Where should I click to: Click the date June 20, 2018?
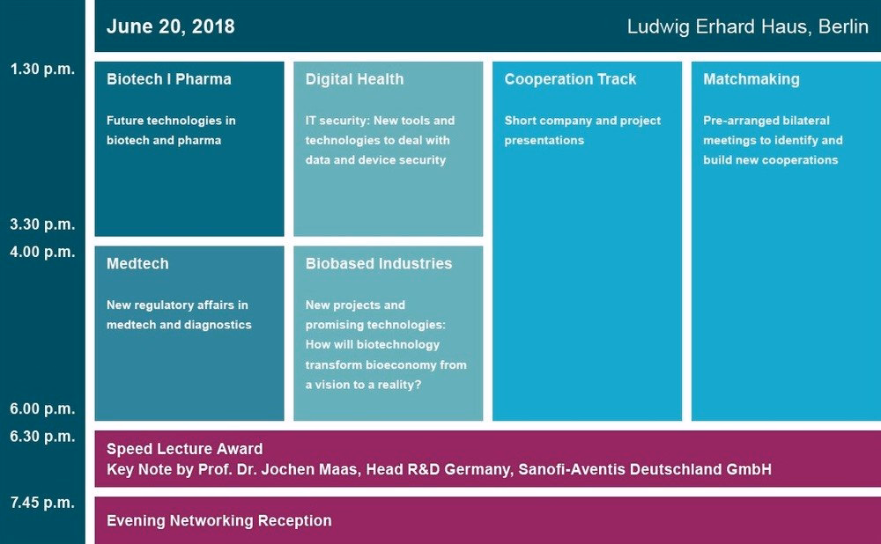point(170,26)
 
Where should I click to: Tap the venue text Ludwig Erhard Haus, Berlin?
point(747,26)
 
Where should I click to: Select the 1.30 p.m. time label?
point(42,69)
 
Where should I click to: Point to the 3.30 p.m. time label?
point(42,224)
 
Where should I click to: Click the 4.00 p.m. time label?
point(42,252)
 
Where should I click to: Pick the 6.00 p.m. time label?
point(42,408)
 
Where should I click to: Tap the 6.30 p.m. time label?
point(42,437)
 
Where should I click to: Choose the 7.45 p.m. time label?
point(42,503)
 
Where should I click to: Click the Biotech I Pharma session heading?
point(168,79)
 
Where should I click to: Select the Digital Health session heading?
point(354,79)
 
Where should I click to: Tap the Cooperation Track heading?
point(570,79)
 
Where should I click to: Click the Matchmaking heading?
point(751,80)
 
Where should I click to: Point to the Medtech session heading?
point(137,264)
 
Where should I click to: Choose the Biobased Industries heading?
point(379,264)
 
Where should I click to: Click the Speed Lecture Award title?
point(184,449)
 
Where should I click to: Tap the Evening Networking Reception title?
point(219,521)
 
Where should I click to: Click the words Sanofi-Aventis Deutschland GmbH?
point(645,469)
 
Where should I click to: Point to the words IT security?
point(336,121)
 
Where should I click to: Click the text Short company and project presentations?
point(582,130)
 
